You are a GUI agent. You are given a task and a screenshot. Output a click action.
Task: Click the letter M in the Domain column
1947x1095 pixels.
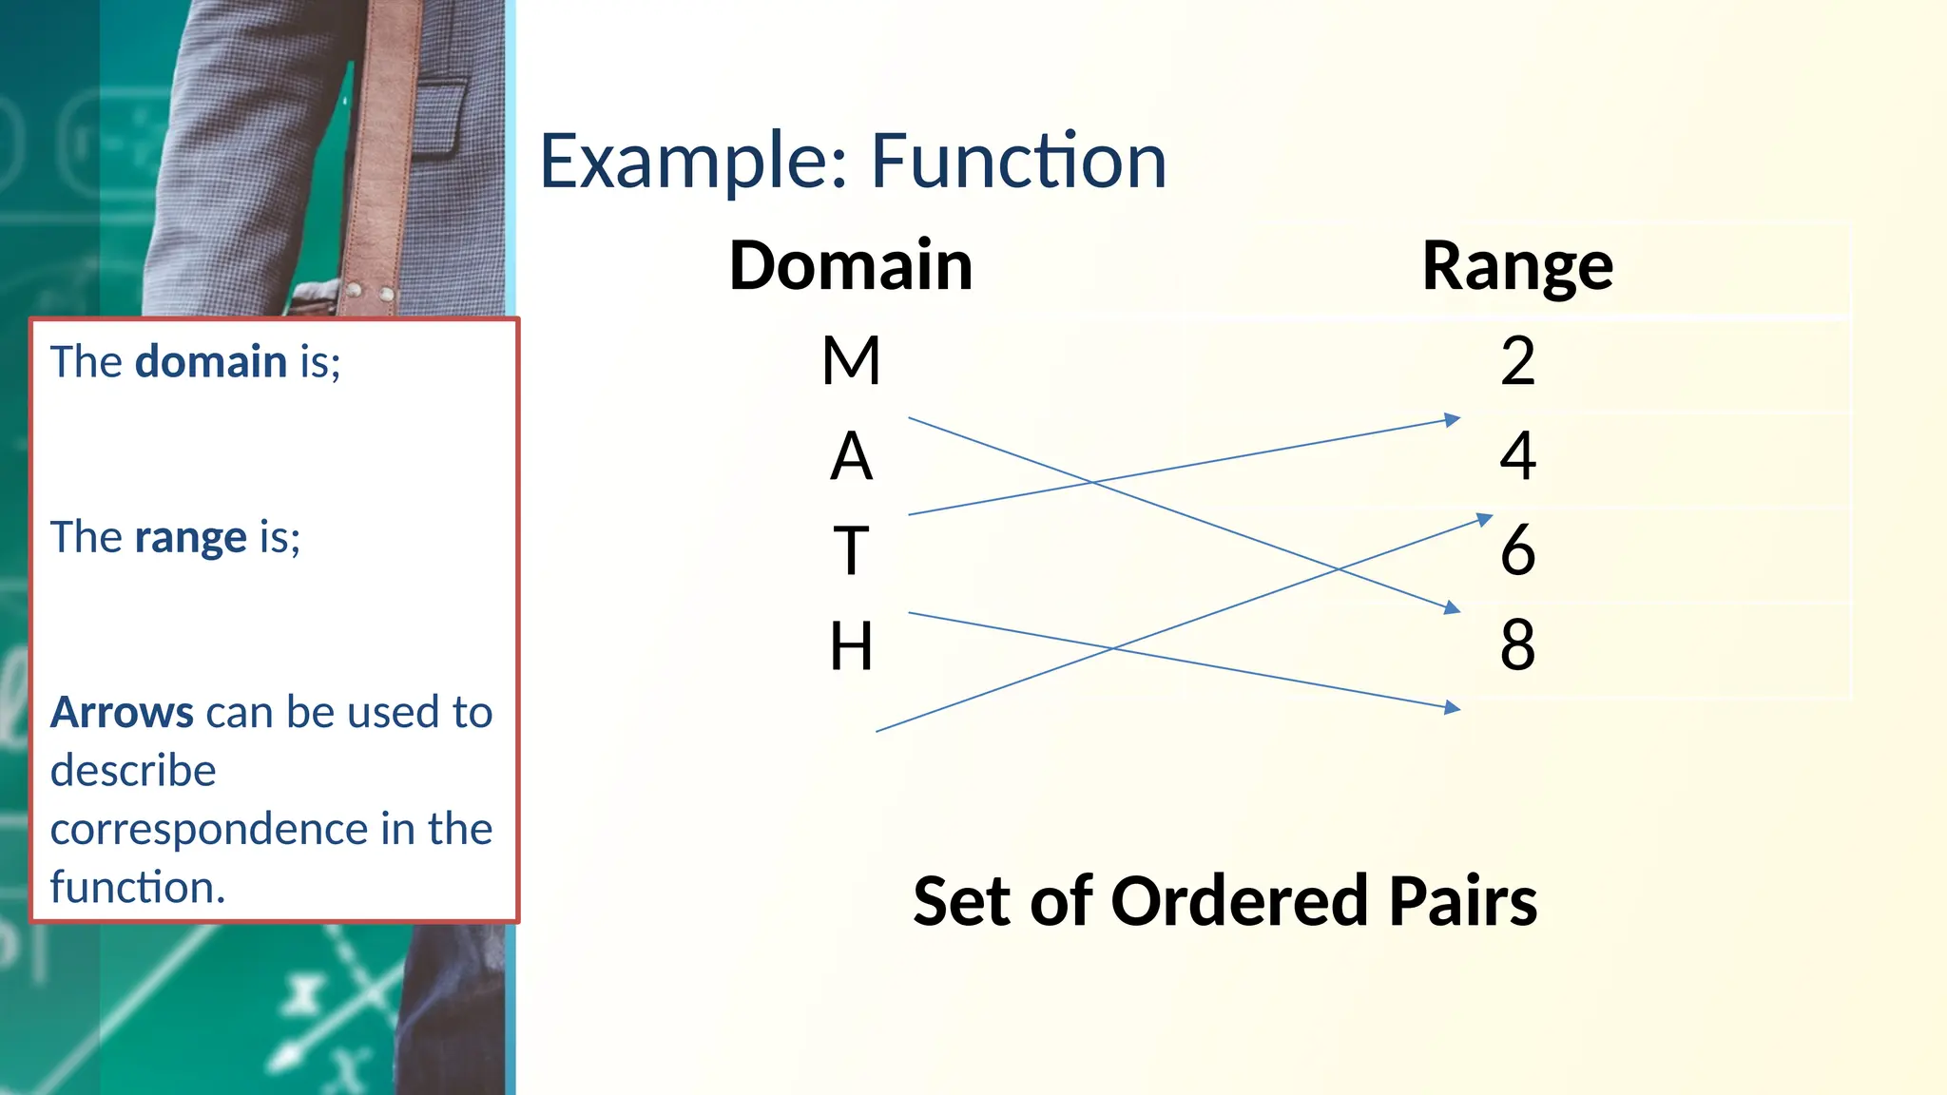click(x=851, y=361)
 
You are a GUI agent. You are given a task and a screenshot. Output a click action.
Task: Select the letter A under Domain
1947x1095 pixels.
click(x=851, y=456)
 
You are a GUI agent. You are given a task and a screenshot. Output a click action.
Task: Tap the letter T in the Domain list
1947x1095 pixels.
click(x=851, y=551)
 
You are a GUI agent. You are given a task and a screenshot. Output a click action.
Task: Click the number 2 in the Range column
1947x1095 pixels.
click(x=1517, y=361)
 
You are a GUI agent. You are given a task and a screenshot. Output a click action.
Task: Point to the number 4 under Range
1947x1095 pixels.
click(x=1517, y=456)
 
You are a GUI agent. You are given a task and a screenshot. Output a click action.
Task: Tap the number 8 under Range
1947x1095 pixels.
click(x=1517, y=644)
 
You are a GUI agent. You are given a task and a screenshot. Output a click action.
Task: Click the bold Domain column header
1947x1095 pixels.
click(x=851, y=265)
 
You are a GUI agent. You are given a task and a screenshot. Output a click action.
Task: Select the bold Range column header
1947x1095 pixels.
click(x=1517, y=265)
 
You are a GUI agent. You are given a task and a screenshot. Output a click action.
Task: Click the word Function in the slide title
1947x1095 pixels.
click(x=1018, y=162)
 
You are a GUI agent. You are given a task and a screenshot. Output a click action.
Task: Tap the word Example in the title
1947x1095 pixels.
click(x=693, y=162)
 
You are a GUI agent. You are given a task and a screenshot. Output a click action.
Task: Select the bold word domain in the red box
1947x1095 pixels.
click(x=211, y=362)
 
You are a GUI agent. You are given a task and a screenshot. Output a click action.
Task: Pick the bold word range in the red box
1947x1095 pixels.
click(x=191, y=538)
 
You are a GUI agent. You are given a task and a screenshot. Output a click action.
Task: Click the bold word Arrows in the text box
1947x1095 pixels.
click(x=122, y=713)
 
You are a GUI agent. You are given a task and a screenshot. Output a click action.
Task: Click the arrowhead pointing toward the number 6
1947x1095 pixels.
click(x=1484, y=519)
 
